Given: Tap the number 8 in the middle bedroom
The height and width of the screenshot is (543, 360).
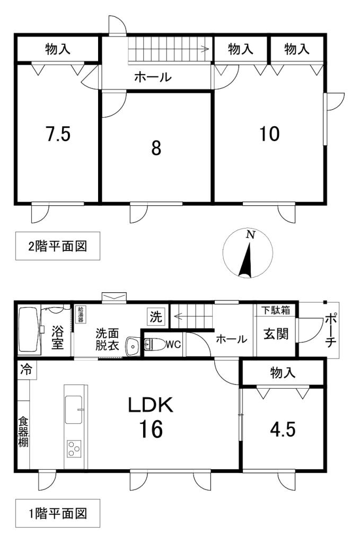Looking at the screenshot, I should point(156,148).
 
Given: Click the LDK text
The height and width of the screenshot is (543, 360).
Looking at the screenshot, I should point(150,406).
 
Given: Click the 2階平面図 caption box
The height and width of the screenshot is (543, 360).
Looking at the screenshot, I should point(57,246).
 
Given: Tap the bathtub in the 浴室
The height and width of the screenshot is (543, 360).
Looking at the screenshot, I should point(29,331).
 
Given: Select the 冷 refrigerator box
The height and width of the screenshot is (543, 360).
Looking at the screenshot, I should point(25,370).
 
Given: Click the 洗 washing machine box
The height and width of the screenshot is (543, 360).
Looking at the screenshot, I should point(155,318).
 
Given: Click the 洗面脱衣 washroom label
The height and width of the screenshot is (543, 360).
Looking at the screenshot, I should point(108,339).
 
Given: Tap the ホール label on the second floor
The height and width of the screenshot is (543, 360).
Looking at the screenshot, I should point(153,77).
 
